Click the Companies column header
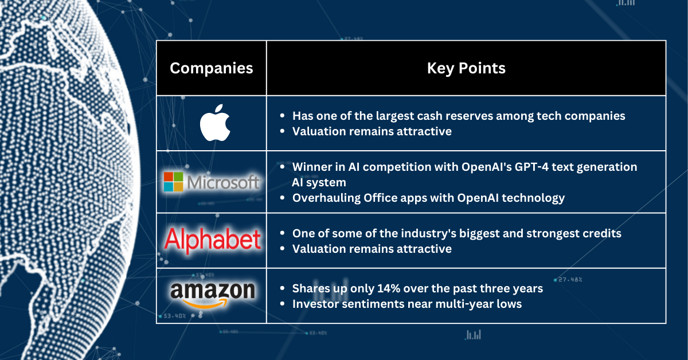click(x=212, y=68)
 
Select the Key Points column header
click(x=466, y=68)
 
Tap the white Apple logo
click(x=214, y=123)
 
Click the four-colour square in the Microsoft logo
click(x=174, y=182)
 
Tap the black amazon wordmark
click(x=212, y=291)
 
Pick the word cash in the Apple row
click(x=443, y=116)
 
